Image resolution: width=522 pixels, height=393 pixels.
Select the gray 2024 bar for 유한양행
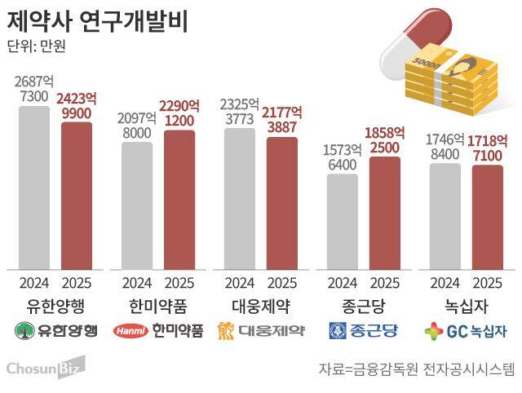[34, 188]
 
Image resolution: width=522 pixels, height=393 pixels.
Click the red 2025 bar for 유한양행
[77, 196]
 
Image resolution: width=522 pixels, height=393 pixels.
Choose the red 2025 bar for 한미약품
[179, 200]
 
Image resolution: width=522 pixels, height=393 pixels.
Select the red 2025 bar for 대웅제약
[282, 203]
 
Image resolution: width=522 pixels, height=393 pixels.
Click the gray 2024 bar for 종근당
[343, 221]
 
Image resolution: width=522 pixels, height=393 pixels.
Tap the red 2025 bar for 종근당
[385, 212]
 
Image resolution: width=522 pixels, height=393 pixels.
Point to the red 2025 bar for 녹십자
[488, 217]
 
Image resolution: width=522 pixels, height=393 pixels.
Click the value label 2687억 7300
[34, 88]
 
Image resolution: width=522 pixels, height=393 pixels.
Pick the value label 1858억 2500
[385, 139]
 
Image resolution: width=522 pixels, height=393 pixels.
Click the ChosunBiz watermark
[44, 369]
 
